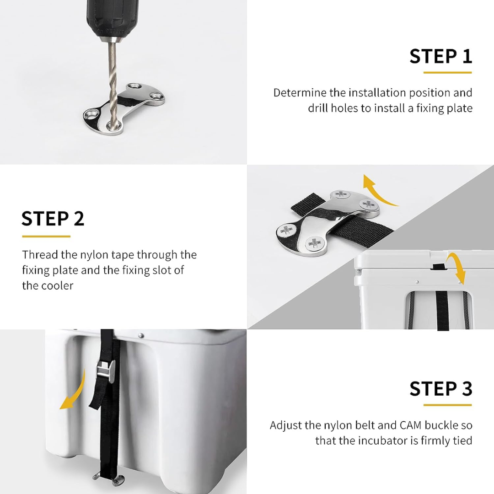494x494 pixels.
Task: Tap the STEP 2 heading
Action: pyautogui.click(x=53, y=219)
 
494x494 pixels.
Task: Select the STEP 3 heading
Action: pyautogui.click(x=440, y=389)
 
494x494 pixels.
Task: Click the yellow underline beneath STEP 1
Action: pyautogui.click(x=447, y=72)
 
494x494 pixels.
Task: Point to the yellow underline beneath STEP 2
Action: pyautogui.click(x=46, y=236)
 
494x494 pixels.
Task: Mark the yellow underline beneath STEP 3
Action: pyautogui.click(x=447, y=405)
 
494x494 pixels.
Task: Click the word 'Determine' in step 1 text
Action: pyautogui.click(x=300, y=93)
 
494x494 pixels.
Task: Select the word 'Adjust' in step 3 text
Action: pyautogui.click(x=286, y=425)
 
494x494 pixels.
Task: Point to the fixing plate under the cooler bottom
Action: pyautogui.click(x=108, y=478)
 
